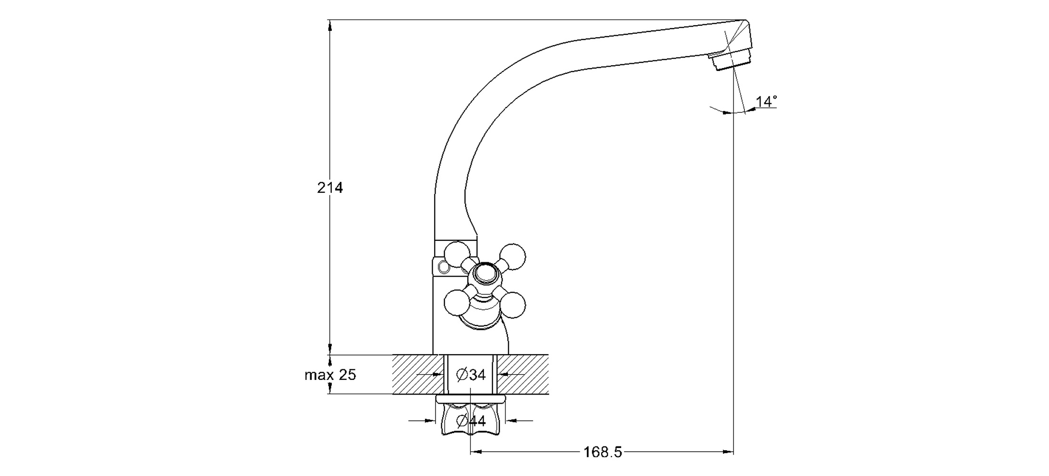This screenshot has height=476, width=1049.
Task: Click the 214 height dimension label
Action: [330, 188]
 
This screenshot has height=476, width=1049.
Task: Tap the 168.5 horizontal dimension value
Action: [603, 452]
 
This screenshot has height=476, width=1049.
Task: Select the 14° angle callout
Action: [766, 101]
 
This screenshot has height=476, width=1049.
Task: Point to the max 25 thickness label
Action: [330, 375]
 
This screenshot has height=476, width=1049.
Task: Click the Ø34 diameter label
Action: [471, 375]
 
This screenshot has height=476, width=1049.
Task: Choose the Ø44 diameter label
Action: [471, 421]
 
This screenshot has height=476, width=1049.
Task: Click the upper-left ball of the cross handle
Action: [457, 255]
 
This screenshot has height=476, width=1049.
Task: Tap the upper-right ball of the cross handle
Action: [513, 256]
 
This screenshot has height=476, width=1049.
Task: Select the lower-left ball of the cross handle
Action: [457, 302]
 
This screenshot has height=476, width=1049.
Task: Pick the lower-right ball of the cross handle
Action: [513, 305]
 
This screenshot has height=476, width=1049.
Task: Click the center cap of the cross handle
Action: [485, 274]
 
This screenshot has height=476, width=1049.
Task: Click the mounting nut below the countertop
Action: [470, 419]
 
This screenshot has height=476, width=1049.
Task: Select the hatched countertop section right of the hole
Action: [523, 375]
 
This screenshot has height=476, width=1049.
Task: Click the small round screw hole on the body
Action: [444, 268]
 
